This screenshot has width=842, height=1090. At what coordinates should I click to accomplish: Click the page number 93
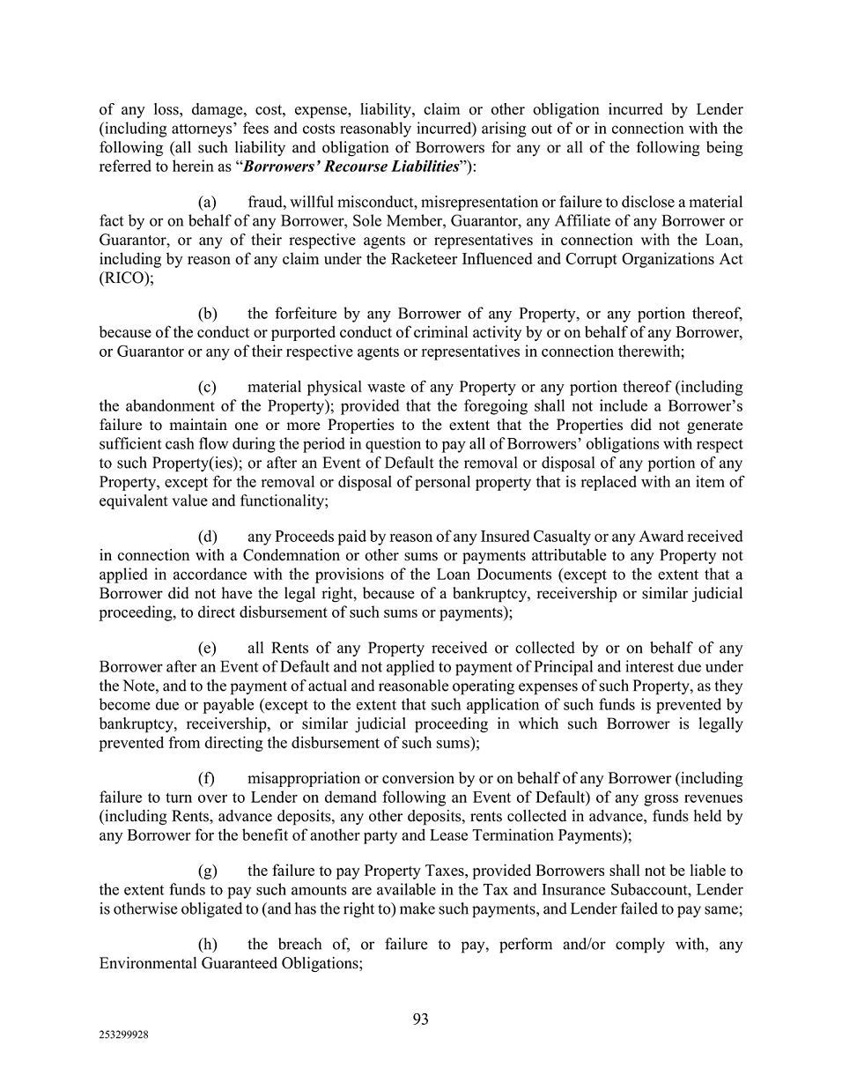tap(420, 1019)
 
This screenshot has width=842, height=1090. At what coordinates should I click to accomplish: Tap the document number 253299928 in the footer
tap(123, 1036)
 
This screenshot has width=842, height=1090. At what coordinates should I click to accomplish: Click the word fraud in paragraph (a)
tap(265, 203)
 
